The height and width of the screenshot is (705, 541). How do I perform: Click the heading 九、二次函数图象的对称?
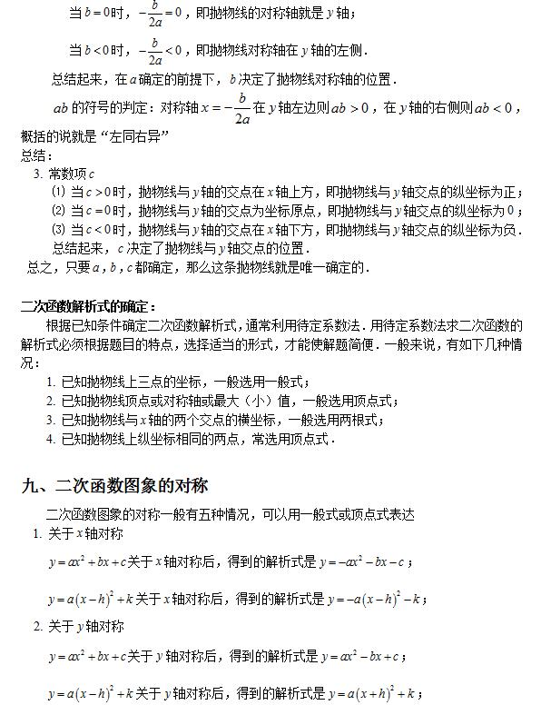point(115,485)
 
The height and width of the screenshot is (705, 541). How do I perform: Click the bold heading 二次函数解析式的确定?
point(88,306)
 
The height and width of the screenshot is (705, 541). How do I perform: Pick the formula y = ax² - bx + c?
point(362,656)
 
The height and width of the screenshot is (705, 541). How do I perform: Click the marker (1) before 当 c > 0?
point(58,192)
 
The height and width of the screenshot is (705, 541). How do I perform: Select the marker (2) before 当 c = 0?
point(58,211)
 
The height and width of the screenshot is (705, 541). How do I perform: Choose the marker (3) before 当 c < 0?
point(58,230)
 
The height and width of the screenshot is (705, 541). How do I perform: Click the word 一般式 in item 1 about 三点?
point(283,382)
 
